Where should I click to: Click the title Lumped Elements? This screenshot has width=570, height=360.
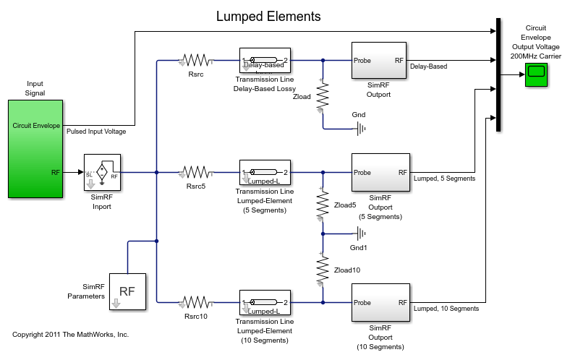point(268,17)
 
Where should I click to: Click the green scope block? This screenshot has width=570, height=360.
point(537,74)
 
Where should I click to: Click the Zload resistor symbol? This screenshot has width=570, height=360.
point(323,94)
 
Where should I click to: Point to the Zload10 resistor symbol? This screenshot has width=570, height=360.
point(323,270)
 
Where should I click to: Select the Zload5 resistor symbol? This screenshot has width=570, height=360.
point(323,205)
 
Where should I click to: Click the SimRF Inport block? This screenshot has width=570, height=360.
point(102,172)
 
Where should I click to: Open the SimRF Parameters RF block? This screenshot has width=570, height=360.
point(127,291)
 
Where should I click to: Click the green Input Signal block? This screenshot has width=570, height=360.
point(35,149)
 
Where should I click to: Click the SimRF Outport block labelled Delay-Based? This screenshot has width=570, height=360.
point(380,64)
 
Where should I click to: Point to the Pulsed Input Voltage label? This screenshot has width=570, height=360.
point(96,132)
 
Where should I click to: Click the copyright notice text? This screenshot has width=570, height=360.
point(70,335)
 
